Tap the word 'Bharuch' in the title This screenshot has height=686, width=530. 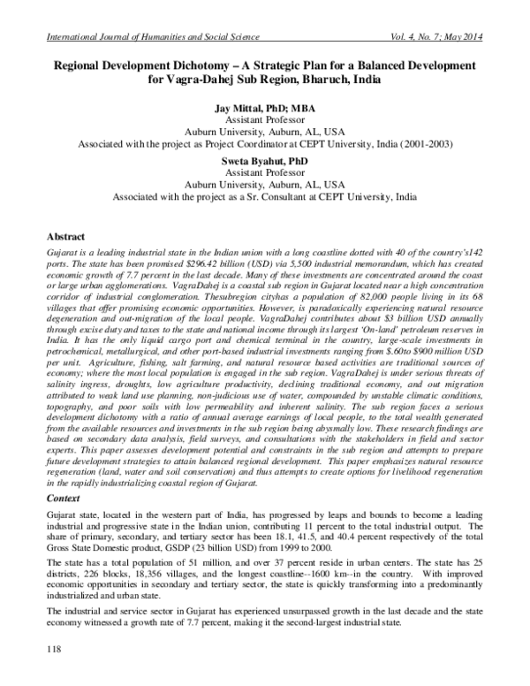(x=327, y=80)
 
